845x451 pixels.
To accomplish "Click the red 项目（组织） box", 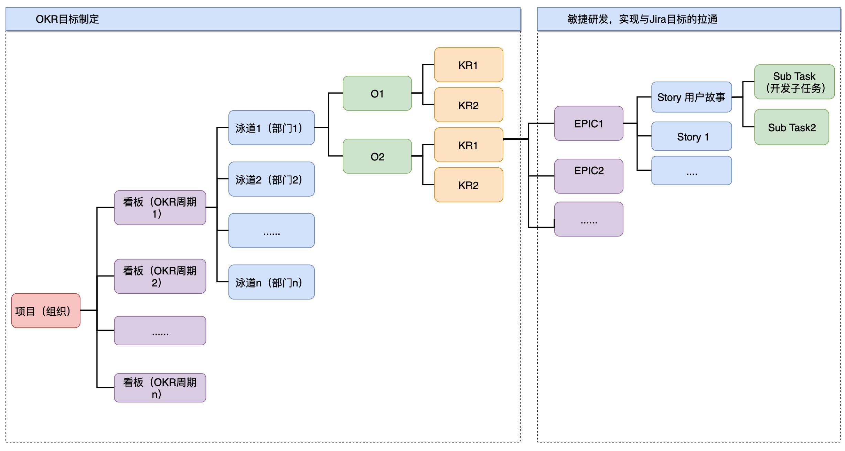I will [x=46, y=311].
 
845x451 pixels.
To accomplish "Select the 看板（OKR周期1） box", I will [x=160, y=208].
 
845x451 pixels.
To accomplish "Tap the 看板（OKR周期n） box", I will [x=160, y=388].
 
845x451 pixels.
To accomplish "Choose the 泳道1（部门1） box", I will [x=271, y=128].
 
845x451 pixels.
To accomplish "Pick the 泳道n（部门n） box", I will [x=271, y=282].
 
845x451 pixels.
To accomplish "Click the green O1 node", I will [x=377, y=93].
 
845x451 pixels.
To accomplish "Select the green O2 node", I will [x=377, y=156].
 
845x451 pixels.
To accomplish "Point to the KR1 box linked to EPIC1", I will [x=469, y=145].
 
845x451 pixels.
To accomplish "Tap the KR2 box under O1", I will [x=469, y=105].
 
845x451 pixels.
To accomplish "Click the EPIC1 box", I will [x=589, y=123].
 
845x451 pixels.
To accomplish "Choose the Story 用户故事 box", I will [x=691, y=97].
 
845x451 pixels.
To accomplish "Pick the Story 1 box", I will [x=691, y=136].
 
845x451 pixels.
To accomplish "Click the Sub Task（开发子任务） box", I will [x=794, y=82].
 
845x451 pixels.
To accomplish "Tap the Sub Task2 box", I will [x=791, y=127].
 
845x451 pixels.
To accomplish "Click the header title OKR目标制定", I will [x=67, y=19].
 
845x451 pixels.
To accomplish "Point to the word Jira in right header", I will [x=657, y=19].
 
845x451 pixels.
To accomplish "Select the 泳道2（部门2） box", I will [x=271, y=179].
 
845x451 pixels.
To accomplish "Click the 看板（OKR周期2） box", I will [x=160, y=276].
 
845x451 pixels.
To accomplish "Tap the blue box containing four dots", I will [x=691, y=171].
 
